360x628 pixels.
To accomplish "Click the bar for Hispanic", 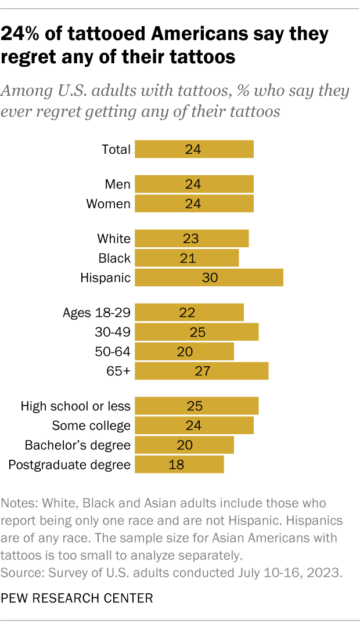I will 209,277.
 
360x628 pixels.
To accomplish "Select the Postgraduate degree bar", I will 179,464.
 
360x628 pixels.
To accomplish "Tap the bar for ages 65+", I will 201,371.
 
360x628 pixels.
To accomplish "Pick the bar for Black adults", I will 186,258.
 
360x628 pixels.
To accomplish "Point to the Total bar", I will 194,149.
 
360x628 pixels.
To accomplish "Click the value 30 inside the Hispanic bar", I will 210,277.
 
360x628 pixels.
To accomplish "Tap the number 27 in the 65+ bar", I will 201,371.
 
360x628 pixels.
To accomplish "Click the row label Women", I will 109,204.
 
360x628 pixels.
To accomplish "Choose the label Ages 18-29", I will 96,312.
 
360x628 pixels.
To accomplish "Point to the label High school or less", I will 75,406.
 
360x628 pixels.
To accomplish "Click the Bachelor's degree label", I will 78,445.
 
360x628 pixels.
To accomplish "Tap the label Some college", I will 91,425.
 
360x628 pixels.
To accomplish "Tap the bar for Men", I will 194,184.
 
